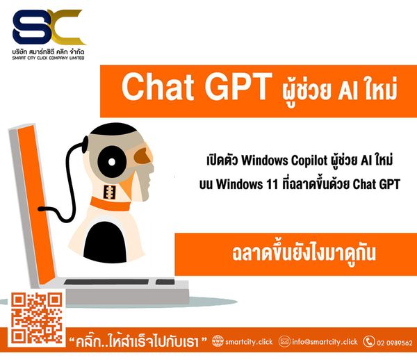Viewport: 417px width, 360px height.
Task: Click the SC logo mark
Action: tap(49, 27)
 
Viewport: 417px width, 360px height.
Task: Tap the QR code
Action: tap(37, 318)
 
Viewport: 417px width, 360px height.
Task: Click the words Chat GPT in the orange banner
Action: tap(197, 87)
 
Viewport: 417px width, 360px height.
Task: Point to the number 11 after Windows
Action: tap(272, 184)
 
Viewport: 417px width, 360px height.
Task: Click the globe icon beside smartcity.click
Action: tap(218, 341)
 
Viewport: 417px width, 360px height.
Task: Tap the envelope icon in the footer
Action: tap(284, 341)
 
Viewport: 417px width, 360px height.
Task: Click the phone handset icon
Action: tap(369, 341)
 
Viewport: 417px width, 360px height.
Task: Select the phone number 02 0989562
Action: tap(395, 343)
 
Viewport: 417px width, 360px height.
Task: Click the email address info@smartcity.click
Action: tap(325, 342)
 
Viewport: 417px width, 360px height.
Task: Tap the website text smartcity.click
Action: tap(249, 342)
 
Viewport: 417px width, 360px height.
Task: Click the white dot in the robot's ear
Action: tap(112, 162)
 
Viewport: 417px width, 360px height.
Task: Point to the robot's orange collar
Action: tap(110, 204)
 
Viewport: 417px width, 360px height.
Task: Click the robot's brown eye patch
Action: tap(142, 156)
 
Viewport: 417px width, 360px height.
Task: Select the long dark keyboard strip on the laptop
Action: tap(106, 282)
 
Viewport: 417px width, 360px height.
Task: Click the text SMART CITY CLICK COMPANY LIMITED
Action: tap(48, 58)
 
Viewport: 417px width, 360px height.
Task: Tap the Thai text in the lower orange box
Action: tap(304, 254)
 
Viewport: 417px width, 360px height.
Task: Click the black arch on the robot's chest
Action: tap(106, 242)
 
